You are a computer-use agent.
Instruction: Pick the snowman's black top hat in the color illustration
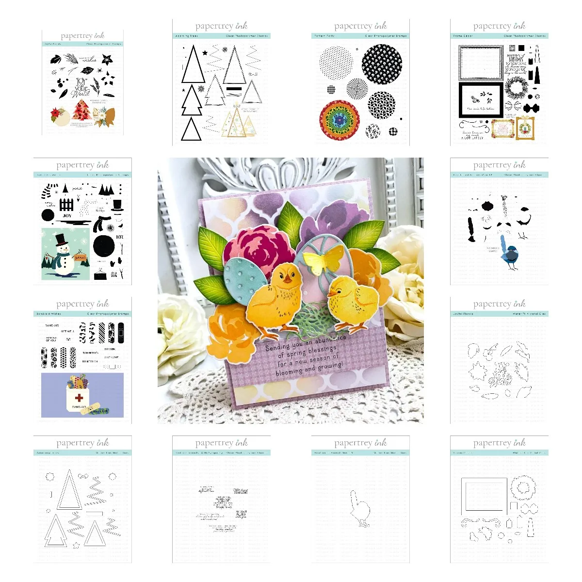point(60,240)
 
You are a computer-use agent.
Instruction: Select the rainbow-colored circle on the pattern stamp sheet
point(339,120)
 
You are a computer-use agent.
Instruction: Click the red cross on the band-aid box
point(79,398)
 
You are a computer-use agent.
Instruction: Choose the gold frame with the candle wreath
point(525,129)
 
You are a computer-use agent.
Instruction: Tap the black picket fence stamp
point(66,204)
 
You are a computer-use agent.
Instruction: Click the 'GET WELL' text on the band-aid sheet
point(67,331)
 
